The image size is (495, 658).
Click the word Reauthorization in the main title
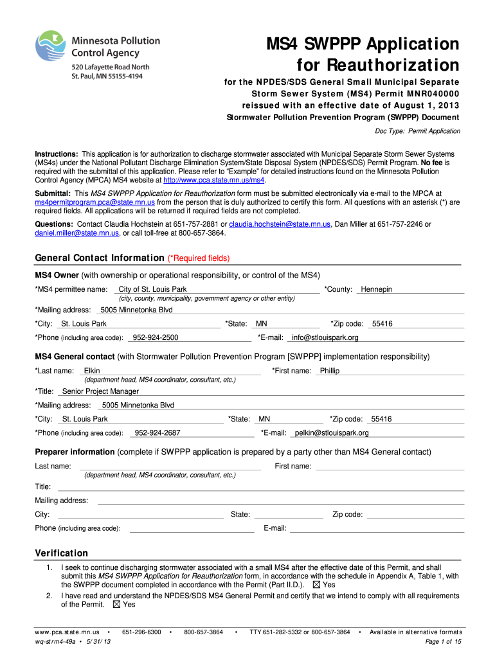[379, 66]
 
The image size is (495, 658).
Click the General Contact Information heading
[100, 258]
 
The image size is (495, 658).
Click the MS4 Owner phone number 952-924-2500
[155, 338]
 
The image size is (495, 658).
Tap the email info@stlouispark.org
[325, 338]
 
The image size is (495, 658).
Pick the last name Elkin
[92, 371]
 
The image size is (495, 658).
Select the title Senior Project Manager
[100, 391]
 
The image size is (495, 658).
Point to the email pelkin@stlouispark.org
[332, 434]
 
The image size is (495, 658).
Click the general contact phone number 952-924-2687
[157, 434]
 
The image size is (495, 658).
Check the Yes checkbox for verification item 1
[316, 585]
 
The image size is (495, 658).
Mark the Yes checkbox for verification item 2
[116, 605]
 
